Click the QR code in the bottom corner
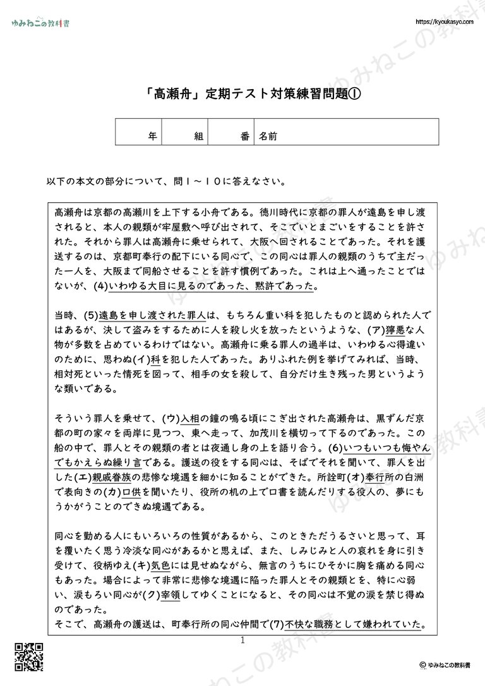click(x=28, y=658)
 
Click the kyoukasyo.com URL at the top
click(x=446, y=21)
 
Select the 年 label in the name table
click(x=152, y=135)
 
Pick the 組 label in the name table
click(x=198, y=135)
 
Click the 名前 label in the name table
click(x=268, y=135)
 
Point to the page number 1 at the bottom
click(x=242, y=640)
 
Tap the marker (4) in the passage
click(x=100, y=286)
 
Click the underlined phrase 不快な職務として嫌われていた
click(x=353, y=625)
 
